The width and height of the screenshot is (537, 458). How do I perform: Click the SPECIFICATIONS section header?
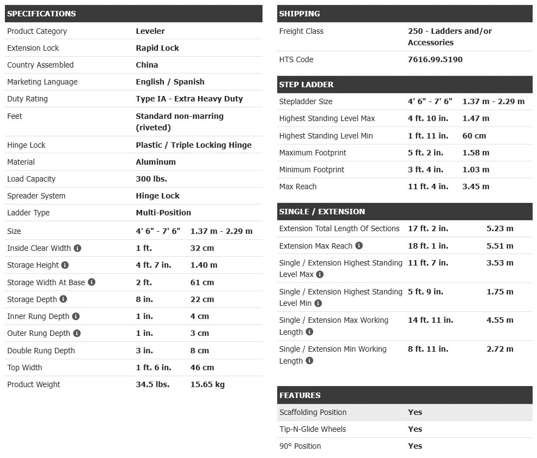point(41,14)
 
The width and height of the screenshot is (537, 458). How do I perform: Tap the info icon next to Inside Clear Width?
point(77,248)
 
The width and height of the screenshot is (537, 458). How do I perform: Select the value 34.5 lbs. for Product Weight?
point(152,384)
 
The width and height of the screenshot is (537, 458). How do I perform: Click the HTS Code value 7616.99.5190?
point(435,59)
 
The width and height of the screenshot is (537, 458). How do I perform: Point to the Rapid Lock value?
point(157,48)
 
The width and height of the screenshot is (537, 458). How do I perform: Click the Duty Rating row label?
point(27,99)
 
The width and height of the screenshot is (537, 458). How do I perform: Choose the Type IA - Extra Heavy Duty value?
point(189,99)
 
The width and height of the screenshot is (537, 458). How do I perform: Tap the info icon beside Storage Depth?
point(63,299)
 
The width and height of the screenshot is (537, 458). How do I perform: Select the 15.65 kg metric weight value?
point(207,384)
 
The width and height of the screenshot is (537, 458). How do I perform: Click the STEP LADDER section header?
point(306,85)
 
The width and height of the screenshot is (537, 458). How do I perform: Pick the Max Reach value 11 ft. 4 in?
point(428,186)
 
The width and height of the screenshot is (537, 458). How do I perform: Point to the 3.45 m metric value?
point(475,186)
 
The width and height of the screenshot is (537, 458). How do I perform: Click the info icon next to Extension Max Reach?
point(359,246)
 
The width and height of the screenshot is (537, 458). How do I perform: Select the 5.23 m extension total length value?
point(499,228)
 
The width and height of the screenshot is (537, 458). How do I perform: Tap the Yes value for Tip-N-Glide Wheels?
point(415,429)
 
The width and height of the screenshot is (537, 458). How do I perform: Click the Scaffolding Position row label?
point(313,412)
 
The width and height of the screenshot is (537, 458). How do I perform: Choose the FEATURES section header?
point(300,395)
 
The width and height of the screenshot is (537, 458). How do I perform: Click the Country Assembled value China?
point(147,65)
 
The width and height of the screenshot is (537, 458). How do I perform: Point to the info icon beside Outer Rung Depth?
point(77,333)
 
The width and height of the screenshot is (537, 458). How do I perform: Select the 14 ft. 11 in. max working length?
point(430,320)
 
